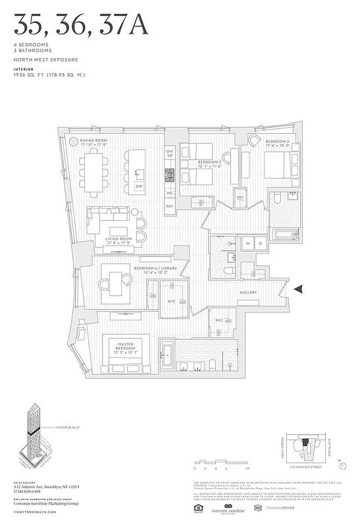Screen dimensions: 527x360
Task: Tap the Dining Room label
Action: [93, 141]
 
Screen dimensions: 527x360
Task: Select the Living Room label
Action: [120, 238]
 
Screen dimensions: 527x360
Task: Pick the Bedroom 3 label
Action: [276, 142]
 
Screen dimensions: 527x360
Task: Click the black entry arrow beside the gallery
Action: [299, 289]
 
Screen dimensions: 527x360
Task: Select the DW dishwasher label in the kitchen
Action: [139, 186]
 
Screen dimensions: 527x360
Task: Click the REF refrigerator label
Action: [170, 206]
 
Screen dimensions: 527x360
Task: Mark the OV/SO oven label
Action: [170, 153]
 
